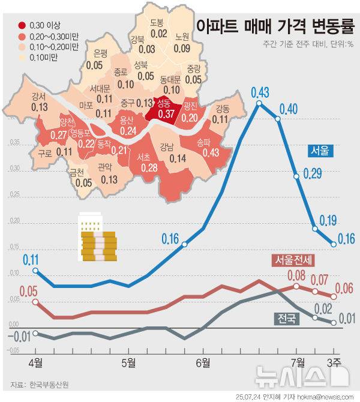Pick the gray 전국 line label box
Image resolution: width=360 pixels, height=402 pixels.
[x=287, y=318]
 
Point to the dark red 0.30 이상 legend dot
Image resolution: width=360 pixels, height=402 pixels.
[x=22, y=26]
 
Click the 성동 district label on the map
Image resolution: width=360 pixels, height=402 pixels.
[x=163, y=103]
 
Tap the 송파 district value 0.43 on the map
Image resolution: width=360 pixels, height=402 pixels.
[x=211, y=153]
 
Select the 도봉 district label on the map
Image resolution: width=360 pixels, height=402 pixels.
[x=157, y=23]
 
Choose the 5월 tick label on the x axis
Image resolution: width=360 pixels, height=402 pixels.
[x=128, y=362]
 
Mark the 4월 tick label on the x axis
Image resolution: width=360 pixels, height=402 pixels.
[x=35, y=362]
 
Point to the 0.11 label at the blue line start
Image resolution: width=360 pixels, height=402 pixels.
[x=31, y=259]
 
